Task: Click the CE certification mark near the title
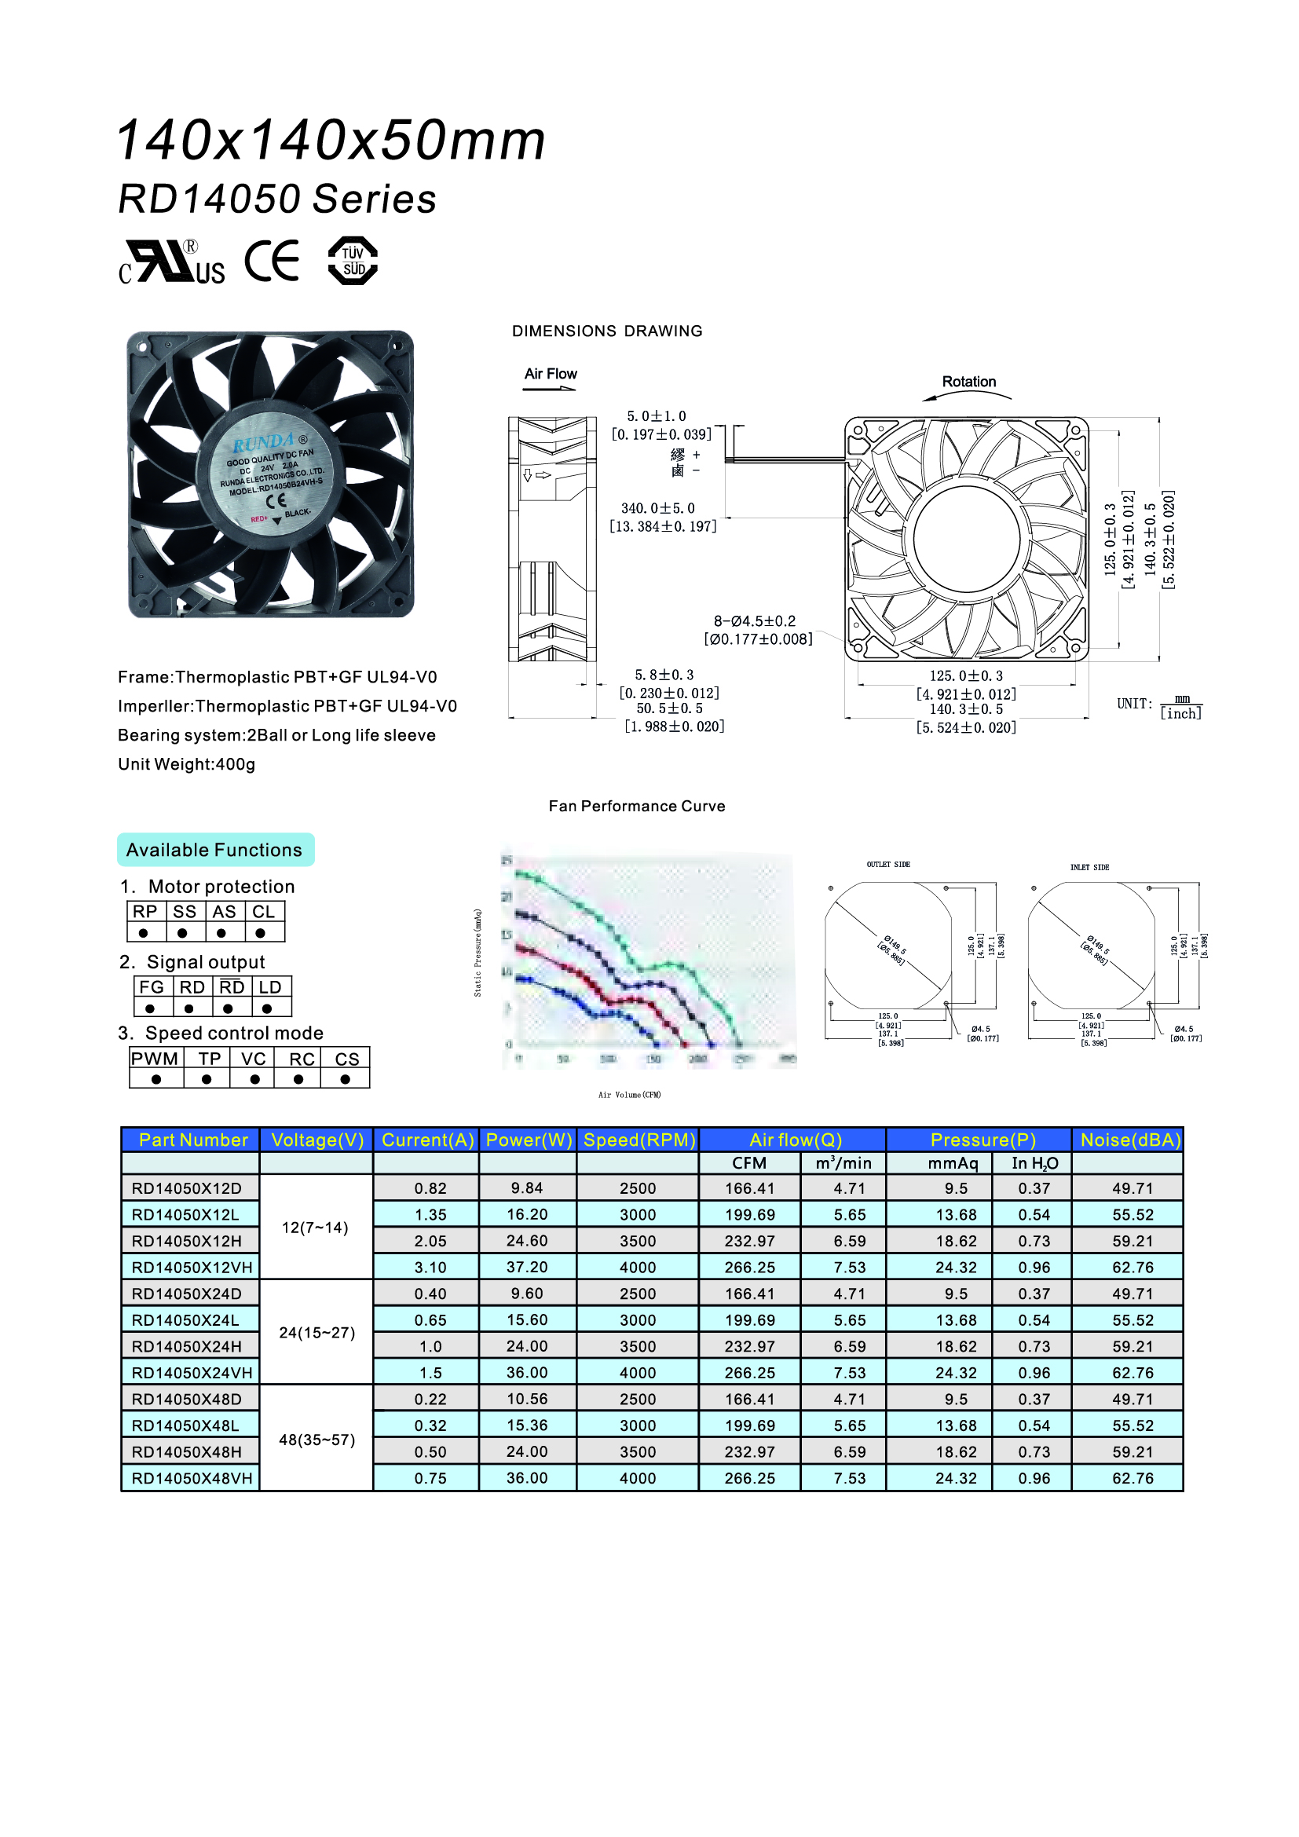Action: pos(272,261)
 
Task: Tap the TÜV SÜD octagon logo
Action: pos(353,261)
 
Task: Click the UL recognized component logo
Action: pos(172,262)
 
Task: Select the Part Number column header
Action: pos(192,1140)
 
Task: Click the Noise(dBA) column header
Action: pos(1130,1140)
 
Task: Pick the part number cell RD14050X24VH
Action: pos(192,1373)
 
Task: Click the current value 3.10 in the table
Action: pos(430,1268)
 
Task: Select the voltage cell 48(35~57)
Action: pos(317,1440)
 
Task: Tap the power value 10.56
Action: pos(526,1400)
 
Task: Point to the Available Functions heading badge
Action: pos(214,850)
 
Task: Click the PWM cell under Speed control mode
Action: pos(156,1059)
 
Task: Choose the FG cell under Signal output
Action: pos(151,987)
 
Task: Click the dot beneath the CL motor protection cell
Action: pos(261,933)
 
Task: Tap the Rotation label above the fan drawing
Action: pos(968,382)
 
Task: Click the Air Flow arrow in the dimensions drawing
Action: pos(550,389)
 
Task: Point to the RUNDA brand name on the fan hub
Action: pos(264,441)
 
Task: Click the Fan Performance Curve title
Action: pos(637,807)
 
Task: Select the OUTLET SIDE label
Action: pos(888,865)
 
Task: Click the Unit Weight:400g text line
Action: pos(187,764)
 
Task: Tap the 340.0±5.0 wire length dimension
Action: pos(657,508)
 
